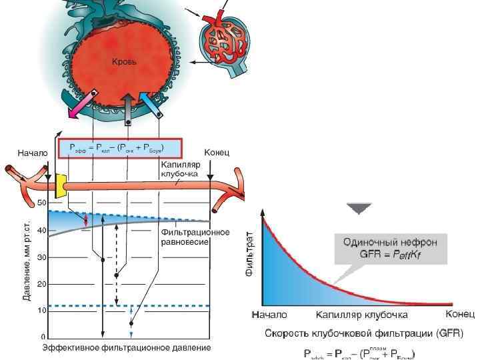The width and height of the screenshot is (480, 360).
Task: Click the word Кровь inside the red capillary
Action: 123,62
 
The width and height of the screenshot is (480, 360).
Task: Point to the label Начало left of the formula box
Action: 33,153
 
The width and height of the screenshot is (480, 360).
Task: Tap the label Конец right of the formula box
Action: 217,153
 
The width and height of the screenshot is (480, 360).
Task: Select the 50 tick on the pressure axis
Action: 41,203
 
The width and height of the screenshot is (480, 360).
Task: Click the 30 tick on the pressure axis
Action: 41,257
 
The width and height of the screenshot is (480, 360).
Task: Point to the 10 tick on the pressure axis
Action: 41,311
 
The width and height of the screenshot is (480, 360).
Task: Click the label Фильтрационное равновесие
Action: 195,237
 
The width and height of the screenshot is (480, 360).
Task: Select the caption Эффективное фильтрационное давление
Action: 127,348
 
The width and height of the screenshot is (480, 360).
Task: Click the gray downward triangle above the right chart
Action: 361,209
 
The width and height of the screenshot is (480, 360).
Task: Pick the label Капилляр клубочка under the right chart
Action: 361,314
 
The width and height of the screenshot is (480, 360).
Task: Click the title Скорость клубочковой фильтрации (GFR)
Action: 364,333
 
